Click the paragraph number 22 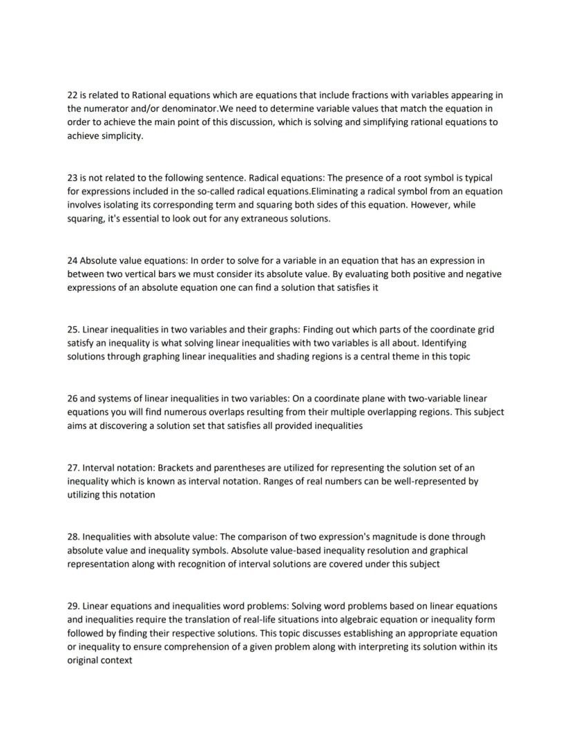click(73, 95)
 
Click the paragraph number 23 click(73, 178)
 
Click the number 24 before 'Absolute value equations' click(73, 260)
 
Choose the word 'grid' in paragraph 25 click(485, 330)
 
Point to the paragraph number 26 click(73, 399)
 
